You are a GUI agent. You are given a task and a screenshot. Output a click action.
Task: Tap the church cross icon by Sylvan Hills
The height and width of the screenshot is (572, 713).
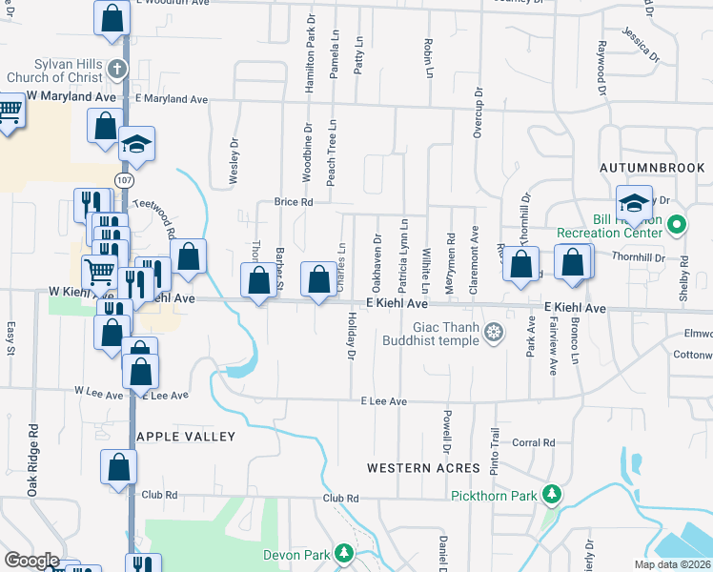tap(116, 69)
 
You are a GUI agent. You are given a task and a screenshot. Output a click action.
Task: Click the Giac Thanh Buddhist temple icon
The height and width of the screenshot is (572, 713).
tap(493, 332)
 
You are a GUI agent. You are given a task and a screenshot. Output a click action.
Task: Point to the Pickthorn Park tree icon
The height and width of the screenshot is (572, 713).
tap(551, 494)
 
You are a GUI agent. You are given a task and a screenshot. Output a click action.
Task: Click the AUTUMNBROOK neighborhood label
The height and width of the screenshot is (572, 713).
tap(653, 167)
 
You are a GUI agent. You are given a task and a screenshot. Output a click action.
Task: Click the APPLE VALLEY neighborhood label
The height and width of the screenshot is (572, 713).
tap(186, 436)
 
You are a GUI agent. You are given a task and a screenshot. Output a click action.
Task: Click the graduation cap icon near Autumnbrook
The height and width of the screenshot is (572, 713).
tap(634, 203)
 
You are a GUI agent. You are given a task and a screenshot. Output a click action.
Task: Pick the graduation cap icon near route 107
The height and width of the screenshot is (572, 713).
tap(136, 144)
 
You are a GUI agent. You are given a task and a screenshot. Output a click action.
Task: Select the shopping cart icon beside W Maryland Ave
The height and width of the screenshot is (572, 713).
tap(10, 112)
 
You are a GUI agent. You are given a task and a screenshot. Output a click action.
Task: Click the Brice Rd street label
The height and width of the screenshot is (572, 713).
tap(294, 202)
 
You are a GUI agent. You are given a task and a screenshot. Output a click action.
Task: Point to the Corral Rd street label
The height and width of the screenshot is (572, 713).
tap(534, 442)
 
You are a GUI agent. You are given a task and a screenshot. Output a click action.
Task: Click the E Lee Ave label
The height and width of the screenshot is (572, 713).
tap(384, 401)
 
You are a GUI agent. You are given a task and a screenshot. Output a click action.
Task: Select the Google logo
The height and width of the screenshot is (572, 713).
tap(31, 561)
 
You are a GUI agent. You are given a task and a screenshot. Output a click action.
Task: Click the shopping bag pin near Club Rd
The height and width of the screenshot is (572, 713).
tap(119, 467)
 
